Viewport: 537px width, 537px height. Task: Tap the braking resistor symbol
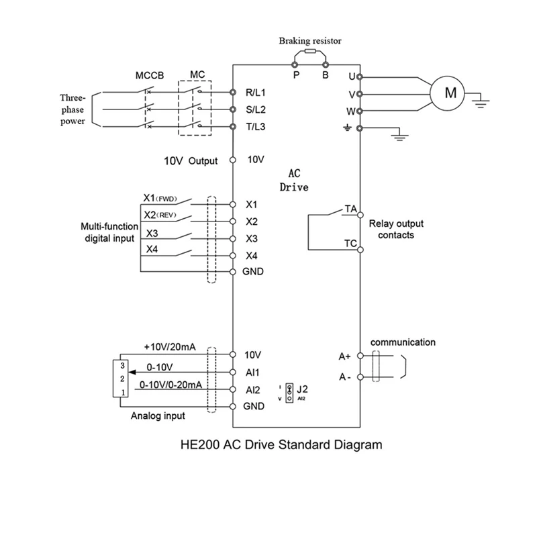310,51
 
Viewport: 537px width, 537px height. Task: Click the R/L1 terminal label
256,91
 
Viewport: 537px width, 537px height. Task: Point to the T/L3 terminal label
256,126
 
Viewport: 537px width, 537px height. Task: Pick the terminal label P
295,75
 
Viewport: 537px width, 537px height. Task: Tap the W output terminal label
351,111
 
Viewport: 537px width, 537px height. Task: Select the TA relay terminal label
350,209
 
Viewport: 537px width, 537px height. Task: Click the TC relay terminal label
350,243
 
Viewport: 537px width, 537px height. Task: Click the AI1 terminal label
254,371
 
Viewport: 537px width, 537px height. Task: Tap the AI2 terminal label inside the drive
254,389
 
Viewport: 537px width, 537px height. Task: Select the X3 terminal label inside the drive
252,238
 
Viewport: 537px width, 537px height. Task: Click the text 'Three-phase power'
70,109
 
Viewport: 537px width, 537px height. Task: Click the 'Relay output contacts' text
396,229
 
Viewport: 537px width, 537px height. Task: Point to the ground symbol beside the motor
481,101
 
